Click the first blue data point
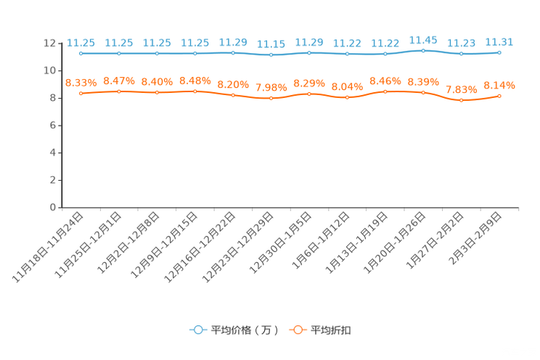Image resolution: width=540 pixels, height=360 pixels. point(81,54)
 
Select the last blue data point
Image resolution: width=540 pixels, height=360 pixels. point(499,52)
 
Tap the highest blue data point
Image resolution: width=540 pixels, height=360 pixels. point(423,50)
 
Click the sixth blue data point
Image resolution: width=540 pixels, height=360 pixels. point(271,55)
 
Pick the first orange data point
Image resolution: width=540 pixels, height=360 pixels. point(81,94)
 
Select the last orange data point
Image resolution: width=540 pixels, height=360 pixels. point(499,96)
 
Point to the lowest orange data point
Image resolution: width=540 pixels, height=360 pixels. point(462,101)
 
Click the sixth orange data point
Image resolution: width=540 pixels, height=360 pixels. point(271,99)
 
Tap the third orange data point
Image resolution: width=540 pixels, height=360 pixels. point(157,93)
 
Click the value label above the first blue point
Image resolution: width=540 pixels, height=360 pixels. point(81,43)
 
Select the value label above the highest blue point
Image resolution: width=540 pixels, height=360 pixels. point(423,39)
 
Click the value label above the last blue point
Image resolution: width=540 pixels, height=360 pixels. point(499,42)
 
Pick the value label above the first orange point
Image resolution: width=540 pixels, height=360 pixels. point(81,82)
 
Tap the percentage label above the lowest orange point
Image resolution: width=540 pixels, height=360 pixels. point(462,89)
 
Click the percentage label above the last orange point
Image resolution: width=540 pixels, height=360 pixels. point(499,85)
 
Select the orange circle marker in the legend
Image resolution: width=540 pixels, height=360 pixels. point(298,330)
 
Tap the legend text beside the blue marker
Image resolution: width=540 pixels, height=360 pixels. point(245,330)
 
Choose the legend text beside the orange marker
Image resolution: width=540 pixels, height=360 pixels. point(332,330)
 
